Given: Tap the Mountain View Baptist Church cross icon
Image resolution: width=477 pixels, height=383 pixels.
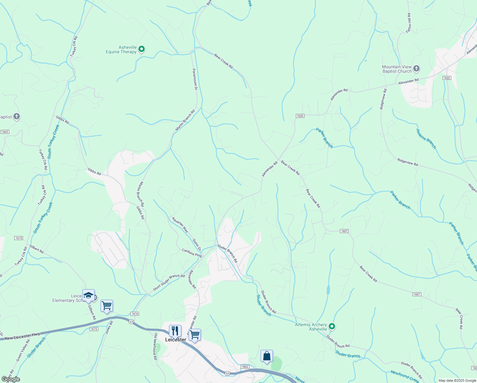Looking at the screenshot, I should point(416,68).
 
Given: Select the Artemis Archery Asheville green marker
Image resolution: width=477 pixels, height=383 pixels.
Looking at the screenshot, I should point(332,326).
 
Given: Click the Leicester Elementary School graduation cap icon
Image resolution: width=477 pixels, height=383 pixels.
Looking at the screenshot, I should point(88,295).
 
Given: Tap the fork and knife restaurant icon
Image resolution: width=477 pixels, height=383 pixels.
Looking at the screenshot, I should point(175,331).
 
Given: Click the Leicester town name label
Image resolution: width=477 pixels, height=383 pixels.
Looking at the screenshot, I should point(175,340).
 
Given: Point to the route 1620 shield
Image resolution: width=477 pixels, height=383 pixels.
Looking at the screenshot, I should point(300,116).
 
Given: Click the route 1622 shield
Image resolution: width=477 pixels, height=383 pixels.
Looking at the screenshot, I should point(446,78).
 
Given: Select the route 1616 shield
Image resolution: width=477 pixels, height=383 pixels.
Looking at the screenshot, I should point(135,314).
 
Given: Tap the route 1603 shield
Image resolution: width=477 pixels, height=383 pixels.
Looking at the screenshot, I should point(5,132).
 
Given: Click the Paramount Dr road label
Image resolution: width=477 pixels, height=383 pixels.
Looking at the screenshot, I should point(195,79).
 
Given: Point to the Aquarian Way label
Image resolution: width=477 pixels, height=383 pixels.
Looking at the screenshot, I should point(180,225).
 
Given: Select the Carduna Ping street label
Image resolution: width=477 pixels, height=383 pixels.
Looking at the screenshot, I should point(192,253).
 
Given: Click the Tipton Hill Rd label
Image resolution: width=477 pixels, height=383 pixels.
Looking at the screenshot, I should point(409,23).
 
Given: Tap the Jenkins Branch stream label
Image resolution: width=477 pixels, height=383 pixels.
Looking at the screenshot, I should point(426,139).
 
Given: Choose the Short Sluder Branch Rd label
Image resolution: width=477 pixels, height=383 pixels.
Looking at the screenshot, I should point(169,282).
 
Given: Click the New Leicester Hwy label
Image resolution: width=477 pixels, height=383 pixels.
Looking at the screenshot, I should point(22,336).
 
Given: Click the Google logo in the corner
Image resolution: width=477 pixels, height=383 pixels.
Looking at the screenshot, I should point(11,379).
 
